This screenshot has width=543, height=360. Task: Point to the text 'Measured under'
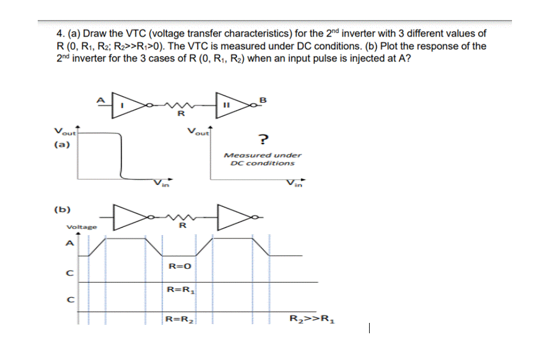(x=263, y=155)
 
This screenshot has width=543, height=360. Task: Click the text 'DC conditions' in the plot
(x=263, y=163)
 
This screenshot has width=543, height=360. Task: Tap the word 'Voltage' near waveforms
(x=80, y=227)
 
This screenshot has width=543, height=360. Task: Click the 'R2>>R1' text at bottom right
(x=311, y=318)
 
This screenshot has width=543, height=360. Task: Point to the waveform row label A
(x=70, y=244)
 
